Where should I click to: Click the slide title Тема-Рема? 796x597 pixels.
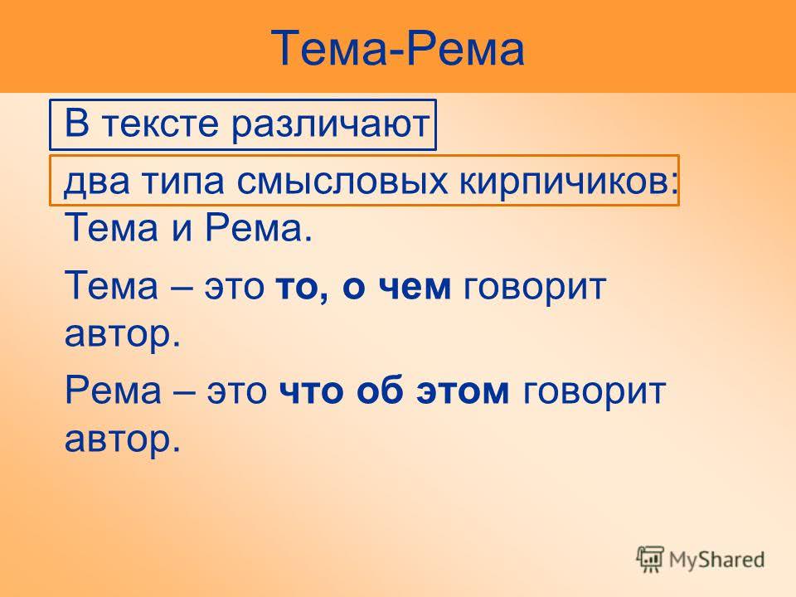[397, 48]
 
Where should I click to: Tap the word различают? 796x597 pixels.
[331, 124]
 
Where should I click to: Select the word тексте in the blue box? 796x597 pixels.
[160, 124]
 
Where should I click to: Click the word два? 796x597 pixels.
[97, 182]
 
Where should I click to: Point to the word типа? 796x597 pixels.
[182, 182]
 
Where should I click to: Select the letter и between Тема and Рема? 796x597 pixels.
[182, 229]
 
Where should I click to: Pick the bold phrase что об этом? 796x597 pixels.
[394, 391]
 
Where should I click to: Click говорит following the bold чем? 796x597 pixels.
[535, 288]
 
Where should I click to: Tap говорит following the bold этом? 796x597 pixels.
[594, 392]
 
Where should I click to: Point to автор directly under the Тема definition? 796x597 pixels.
[123, 334]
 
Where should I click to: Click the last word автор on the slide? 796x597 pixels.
[123, 439]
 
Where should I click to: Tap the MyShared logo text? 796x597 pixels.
[716, 560]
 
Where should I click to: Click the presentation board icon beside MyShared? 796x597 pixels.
[650, 559]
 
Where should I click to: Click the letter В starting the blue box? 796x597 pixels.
[76, 123]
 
